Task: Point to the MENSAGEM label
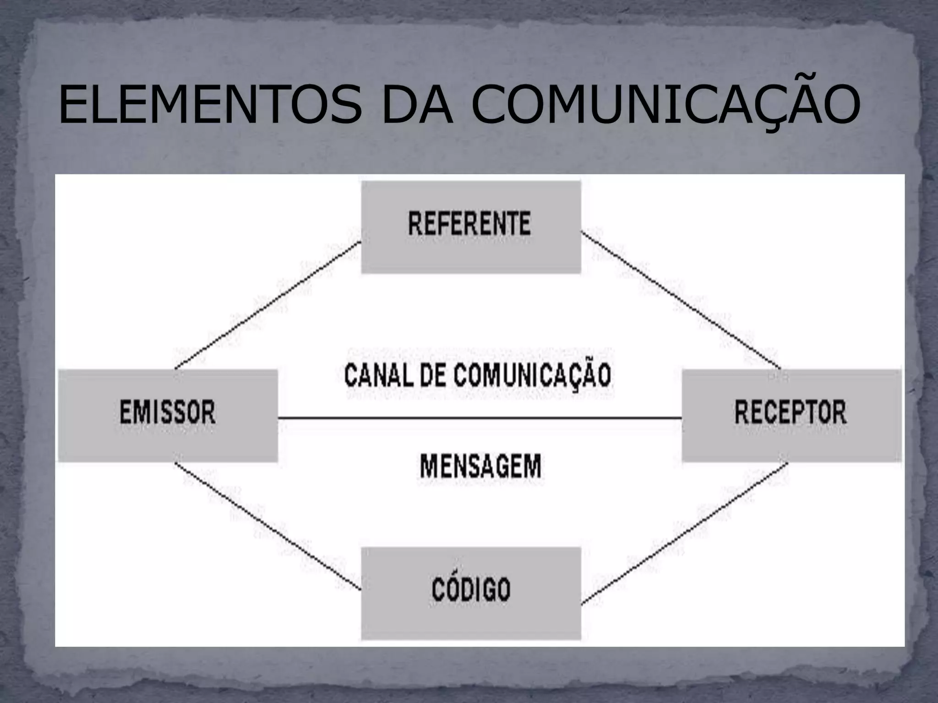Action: pos(480,466)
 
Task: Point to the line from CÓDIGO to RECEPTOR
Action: pos(685,533)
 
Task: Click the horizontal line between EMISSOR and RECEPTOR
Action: pos(480,418)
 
